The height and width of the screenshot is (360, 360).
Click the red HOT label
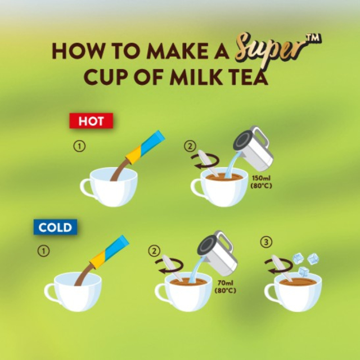click(91, 121)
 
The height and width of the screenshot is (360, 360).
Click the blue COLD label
click(55, 227)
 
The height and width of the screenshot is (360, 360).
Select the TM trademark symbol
click(314, 38)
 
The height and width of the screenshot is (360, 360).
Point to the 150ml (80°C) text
click(261, 182)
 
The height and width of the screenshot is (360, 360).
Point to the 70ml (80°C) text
click(225, 287)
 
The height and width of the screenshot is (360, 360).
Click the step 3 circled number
click(266, 242)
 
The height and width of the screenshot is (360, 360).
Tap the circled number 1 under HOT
click(79, 146)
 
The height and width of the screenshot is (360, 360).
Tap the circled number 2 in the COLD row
click(154, 251)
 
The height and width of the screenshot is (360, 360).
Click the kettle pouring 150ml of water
click(254, 148)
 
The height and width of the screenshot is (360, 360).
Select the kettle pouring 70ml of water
click(218, 253)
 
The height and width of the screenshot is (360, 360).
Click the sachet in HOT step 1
click(145, 147)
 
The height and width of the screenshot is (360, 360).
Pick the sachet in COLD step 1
click(109, 252)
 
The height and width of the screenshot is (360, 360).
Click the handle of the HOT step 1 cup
click(86, 188)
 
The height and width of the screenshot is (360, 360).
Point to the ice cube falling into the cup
click(303, 272)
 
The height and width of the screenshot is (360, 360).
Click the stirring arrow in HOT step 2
click(205, 161)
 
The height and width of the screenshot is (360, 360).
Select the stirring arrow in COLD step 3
click(279, 266)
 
